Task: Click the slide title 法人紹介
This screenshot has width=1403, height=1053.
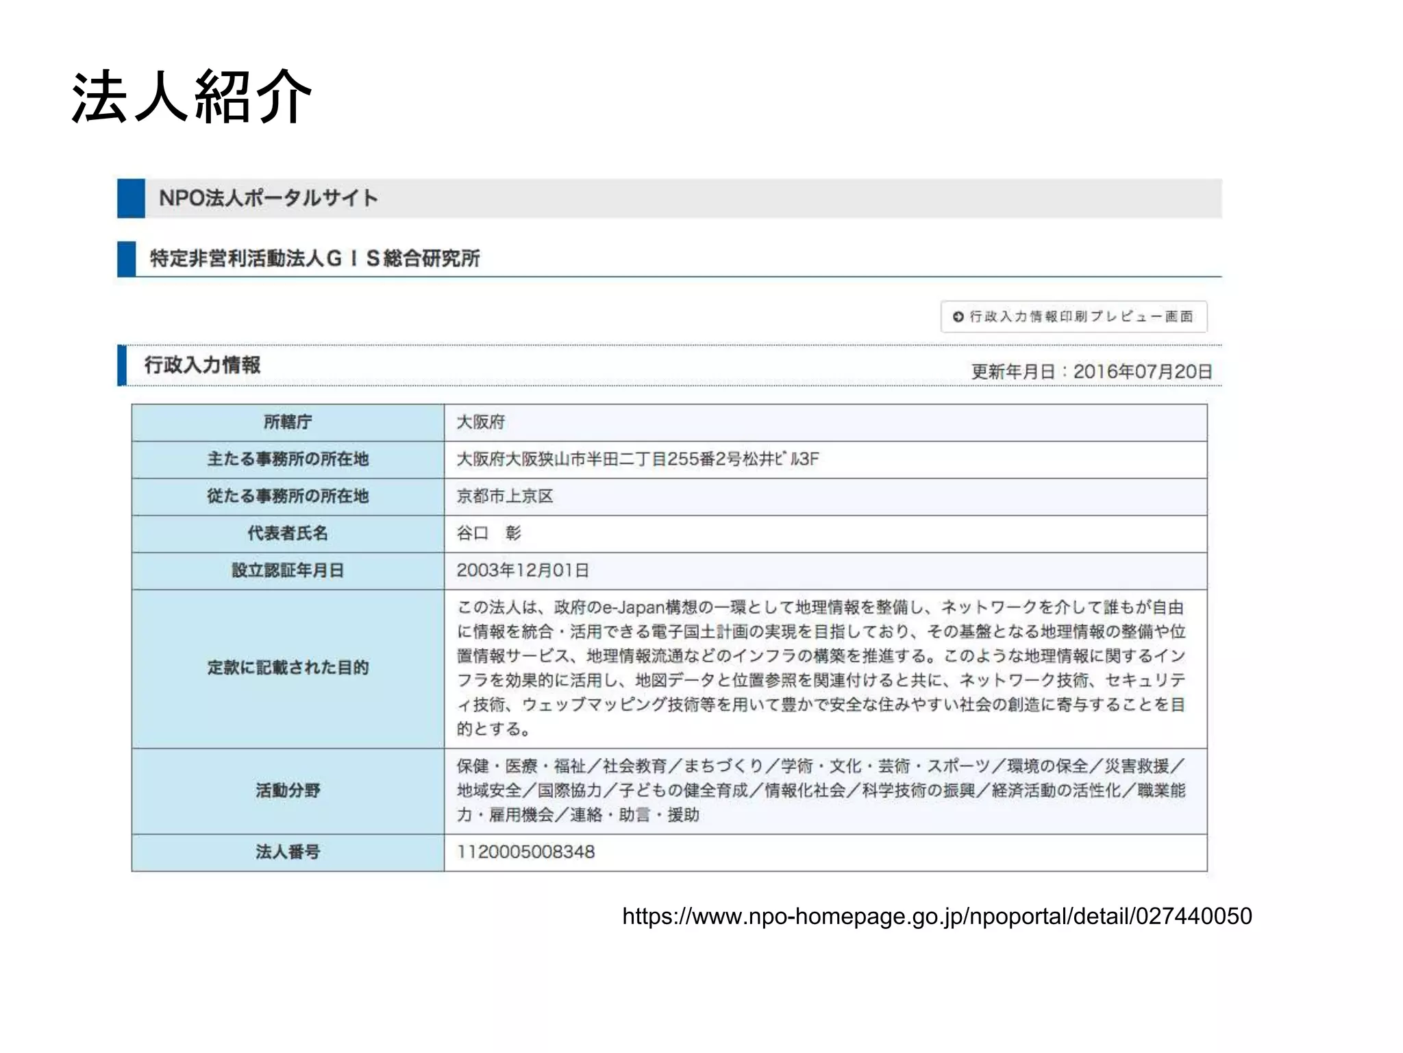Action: click(192, 97)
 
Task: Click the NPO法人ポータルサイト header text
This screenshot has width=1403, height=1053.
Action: click(268, 198)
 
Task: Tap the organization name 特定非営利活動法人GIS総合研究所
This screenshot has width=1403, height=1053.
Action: click(314, 258)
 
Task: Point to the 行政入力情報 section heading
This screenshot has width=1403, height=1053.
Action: click(202, 365)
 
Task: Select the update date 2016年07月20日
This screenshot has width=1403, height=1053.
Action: click(1142, 372)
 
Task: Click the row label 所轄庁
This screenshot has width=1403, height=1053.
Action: click(288, 422)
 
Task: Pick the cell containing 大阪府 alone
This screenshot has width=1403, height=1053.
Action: click(481, 422)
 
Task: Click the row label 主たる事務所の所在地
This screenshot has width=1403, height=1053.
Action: click(288, 459)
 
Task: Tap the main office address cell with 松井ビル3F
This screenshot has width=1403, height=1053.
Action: click(638, 459)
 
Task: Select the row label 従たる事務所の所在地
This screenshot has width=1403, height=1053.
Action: click(288, 496)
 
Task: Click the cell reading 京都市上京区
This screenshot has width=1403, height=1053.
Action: click(505, 496)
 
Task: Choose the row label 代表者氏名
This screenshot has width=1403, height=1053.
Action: click(288, 533)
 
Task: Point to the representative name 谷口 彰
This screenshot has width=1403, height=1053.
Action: click(489, 533)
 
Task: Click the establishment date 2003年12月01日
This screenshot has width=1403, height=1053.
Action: click(523, 570)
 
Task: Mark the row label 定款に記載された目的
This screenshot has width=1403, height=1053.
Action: click(288, 668)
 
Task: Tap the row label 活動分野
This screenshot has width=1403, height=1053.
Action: click(288, 790)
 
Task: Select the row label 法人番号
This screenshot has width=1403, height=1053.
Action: click(288, 852)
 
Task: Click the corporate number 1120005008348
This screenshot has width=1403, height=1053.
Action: click(526, 852)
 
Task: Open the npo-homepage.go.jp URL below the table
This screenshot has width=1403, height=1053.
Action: click(936, 917)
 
